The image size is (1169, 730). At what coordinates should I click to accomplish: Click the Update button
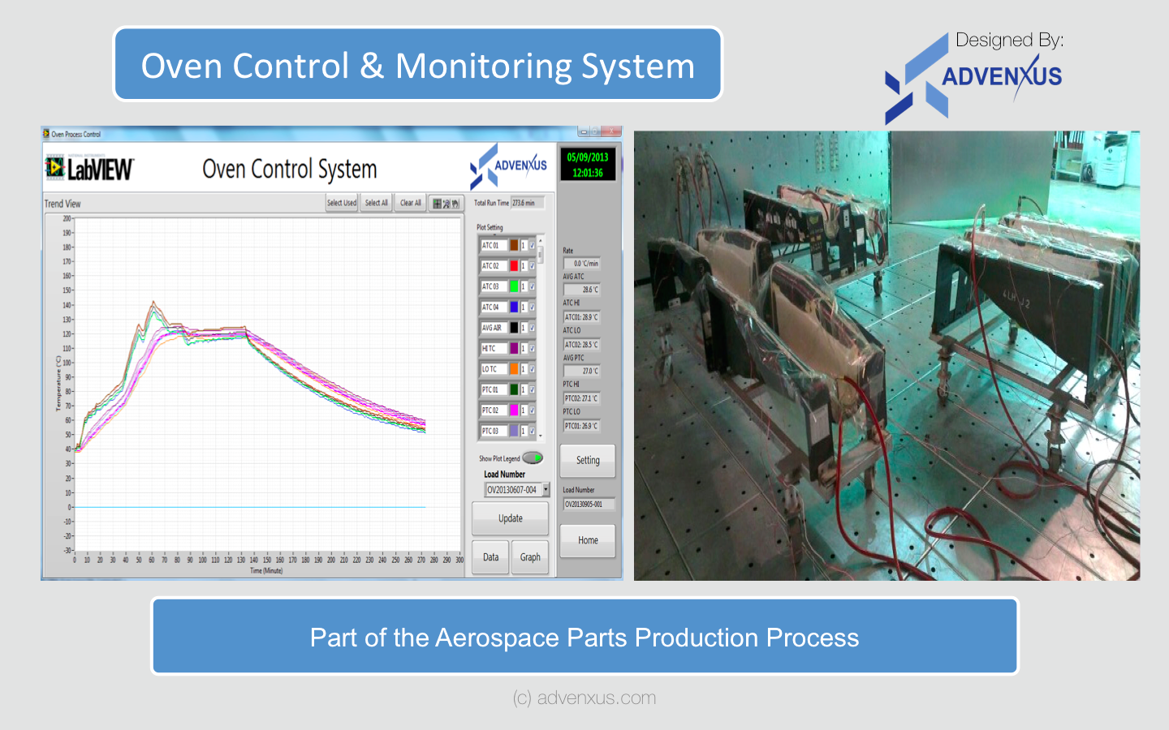(510, 518)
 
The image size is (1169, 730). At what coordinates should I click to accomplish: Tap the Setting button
(588, 460)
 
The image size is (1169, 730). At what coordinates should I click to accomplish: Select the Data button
(490, 557)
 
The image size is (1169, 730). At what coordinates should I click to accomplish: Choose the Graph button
(530, 557)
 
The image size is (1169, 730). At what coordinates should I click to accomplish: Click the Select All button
(376, 203)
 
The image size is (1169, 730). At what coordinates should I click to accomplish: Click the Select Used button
(342, 203)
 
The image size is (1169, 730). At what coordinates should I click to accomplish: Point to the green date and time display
(588, 165)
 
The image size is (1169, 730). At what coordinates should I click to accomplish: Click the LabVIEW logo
(90, 169)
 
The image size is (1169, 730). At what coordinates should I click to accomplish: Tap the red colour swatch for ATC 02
(514, 266)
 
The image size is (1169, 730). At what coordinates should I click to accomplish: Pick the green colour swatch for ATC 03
(514, 286)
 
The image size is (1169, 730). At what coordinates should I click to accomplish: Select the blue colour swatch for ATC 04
(514, 307)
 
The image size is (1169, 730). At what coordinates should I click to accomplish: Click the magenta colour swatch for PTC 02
(514, 410)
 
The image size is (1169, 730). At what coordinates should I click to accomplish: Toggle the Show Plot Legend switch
(533, 458)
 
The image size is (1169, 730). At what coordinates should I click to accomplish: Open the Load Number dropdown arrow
(546, 489)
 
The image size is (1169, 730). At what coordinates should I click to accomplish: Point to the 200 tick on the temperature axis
(67, 219)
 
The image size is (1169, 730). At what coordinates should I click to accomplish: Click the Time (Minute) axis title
(266, 571)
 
